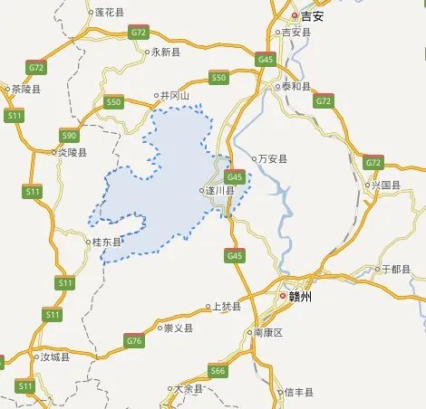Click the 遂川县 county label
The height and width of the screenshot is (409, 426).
[x=221, y=191]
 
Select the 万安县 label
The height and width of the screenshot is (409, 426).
[x=273, y=158]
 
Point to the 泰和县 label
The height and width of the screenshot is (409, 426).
[x=296, y=87]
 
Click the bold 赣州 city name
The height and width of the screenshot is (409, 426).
[x=300, y=296]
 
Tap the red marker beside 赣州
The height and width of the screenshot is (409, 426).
[x=283, y=296]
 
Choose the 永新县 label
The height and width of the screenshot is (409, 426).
[x=168, y=52]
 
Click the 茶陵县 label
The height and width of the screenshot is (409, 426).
[x=26, y=90]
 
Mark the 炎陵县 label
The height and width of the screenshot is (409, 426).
[x=73, y=152]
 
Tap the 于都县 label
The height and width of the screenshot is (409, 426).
[x=397, y=269]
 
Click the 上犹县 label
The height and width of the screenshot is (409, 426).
[x=227, y=307]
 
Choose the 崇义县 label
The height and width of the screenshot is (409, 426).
[x=178, y=328]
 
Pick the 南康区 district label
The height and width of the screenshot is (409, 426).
[x=268, y=333]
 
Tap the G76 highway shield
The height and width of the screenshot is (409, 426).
[x=134, y=340]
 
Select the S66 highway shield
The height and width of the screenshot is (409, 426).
[x=218, y=370]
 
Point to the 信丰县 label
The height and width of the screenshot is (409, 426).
[x=298, y=392]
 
